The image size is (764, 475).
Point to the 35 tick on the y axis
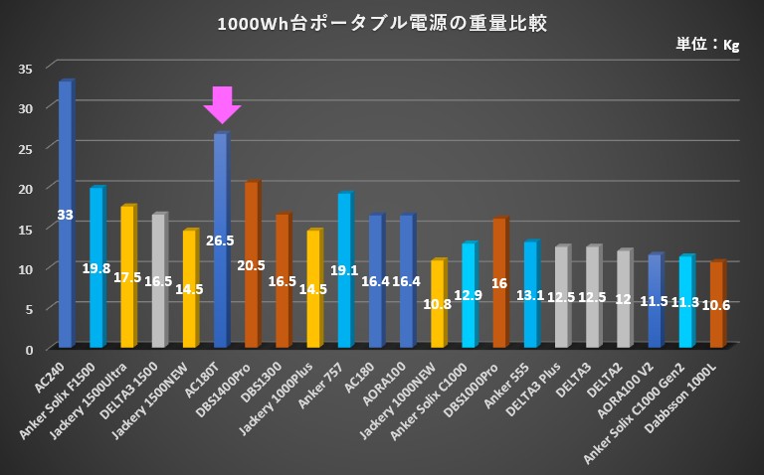click(x=26, y=68)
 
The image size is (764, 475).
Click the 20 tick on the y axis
click(x=26, y=188)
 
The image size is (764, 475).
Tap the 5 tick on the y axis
click(x=29, y=309)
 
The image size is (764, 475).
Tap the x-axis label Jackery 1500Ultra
click(x=100, y=392)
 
